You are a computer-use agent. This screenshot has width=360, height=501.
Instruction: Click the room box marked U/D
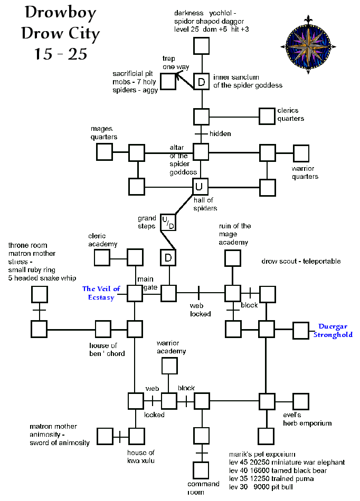pyautogui.click(x=168, y=223)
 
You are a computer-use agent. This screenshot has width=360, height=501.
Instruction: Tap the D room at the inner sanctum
pyautogui.click(x=201, y=82)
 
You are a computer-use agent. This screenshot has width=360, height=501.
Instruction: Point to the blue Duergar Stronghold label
pyautogui.click(x=335, y=331)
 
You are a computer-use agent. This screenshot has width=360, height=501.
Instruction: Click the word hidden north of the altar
pyautogui.click(x=220, y=134)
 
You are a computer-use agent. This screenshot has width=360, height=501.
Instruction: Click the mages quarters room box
pyautogui.click(x=104, y=152)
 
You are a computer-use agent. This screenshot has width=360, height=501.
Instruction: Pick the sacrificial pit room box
pyautogui.click(x=167, y=82)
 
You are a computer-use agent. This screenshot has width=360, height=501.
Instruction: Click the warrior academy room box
pyautogui.click(x=169, y=365)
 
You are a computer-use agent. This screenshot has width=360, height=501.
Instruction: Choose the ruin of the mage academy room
pyautogui.click(x=233, y=257)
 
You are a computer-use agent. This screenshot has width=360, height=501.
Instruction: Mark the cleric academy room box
pyautogui.click(x=102, y=257)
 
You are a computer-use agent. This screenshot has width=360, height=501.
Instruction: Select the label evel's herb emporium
pyautogui.click(x=307, y=419)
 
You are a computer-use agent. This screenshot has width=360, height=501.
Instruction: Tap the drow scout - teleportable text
pyautogui.click(x=301, y=261)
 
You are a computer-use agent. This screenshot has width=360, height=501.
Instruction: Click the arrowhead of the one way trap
pyautogui.click(x=178, y=75)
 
